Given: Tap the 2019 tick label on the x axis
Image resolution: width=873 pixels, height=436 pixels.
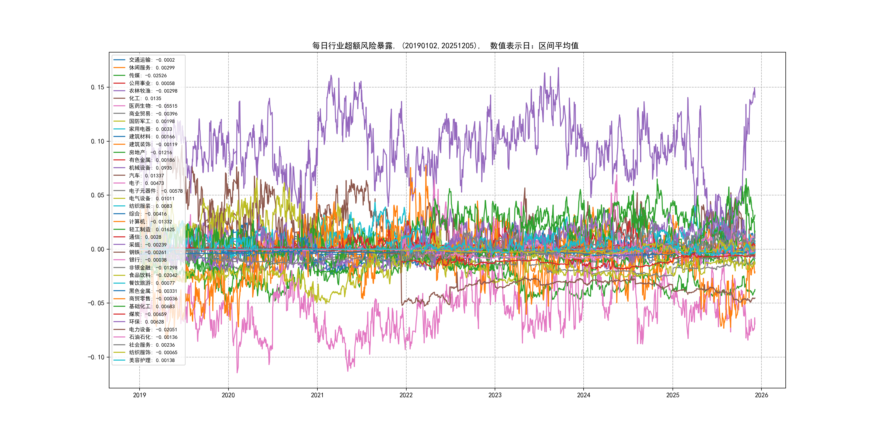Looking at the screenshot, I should click(139, 395).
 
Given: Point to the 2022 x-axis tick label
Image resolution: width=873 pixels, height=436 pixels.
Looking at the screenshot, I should click(406, 395).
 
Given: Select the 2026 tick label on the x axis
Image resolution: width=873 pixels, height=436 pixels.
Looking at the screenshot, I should click(761, 395).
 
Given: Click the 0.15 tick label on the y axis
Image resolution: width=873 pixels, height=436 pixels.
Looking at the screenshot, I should click(98, 87).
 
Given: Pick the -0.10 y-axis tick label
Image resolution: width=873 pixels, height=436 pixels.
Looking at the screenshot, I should click(96, 357).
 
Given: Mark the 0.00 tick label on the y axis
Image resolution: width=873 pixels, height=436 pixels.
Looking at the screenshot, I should click(98, 249).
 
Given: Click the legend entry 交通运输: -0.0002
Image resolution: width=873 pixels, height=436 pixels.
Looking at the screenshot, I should click(151, 60).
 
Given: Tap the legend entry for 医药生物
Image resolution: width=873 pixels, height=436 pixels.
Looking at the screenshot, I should click(153, 106).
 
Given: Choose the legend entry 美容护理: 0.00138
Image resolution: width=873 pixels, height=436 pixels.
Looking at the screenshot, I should click(151, 360).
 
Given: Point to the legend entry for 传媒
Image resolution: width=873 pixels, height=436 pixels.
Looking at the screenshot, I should click(147, 75).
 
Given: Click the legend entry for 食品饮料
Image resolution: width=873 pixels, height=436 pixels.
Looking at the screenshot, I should click(153, 275).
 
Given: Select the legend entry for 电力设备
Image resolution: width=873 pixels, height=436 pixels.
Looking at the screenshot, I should click(153, 329).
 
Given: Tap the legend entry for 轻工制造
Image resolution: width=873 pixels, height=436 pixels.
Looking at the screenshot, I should click(151, 230).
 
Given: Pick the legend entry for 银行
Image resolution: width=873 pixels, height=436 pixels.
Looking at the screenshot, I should click(147, 260).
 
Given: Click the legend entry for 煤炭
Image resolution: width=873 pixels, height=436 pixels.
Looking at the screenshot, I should click(147, 314).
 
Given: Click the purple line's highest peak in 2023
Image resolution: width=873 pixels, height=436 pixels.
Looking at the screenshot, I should click(558, 68).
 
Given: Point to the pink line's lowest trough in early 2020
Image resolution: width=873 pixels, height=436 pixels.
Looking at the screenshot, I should click(237, 372).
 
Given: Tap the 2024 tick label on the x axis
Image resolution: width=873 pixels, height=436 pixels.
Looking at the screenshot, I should click(584, 395).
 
